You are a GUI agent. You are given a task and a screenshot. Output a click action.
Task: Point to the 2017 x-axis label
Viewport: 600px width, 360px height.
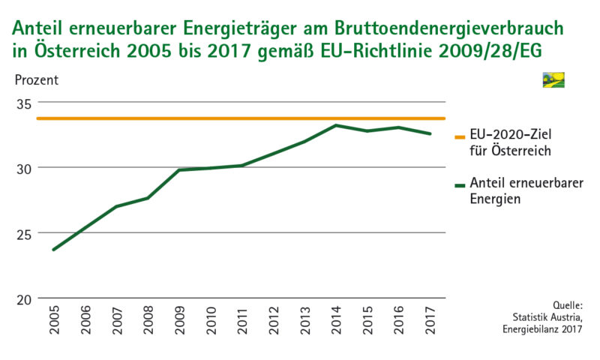[429, 320]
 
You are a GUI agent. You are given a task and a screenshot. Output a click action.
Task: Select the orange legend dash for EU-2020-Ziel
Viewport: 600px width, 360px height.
[460, 137]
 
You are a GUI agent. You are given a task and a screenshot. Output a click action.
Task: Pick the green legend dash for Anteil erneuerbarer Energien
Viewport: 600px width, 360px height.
[460, 183]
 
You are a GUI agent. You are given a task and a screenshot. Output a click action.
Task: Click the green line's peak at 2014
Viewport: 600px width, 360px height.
[335, 125]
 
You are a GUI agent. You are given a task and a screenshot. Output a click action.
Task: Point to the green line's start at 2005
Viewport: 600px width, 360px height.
[54, 249]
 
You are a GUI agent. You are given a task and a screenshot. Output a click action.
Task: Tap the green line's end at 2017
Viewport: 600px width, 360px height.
[429, 134]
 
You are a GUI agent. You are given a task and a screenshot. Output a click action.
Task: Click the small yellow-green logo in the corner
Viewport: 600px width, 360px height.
[553, 80]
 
